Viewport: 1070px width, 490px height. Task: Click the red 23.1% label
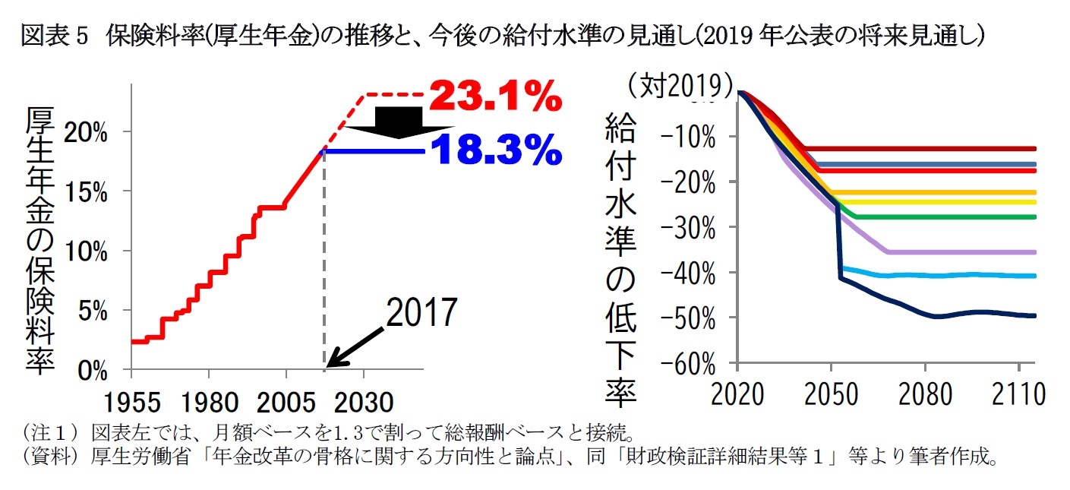pyautogui.click(x=495, y=97)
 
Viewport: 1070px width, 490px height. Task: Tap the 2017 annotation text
pyautogui.click(x=421, y=313)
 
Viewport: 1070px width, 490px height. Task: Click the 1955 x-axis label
pyautogui.click(x=131, y=400)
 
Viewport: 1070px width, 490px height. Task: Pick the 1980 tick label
pyautogui.click(x=209, y=400)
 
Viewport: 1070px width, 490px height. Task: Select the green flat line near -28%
pyautogui.click(x=949, y=217)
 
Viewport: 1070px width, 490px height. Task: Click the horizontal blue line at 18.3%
pyautogui.click(x=372, y=151)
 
